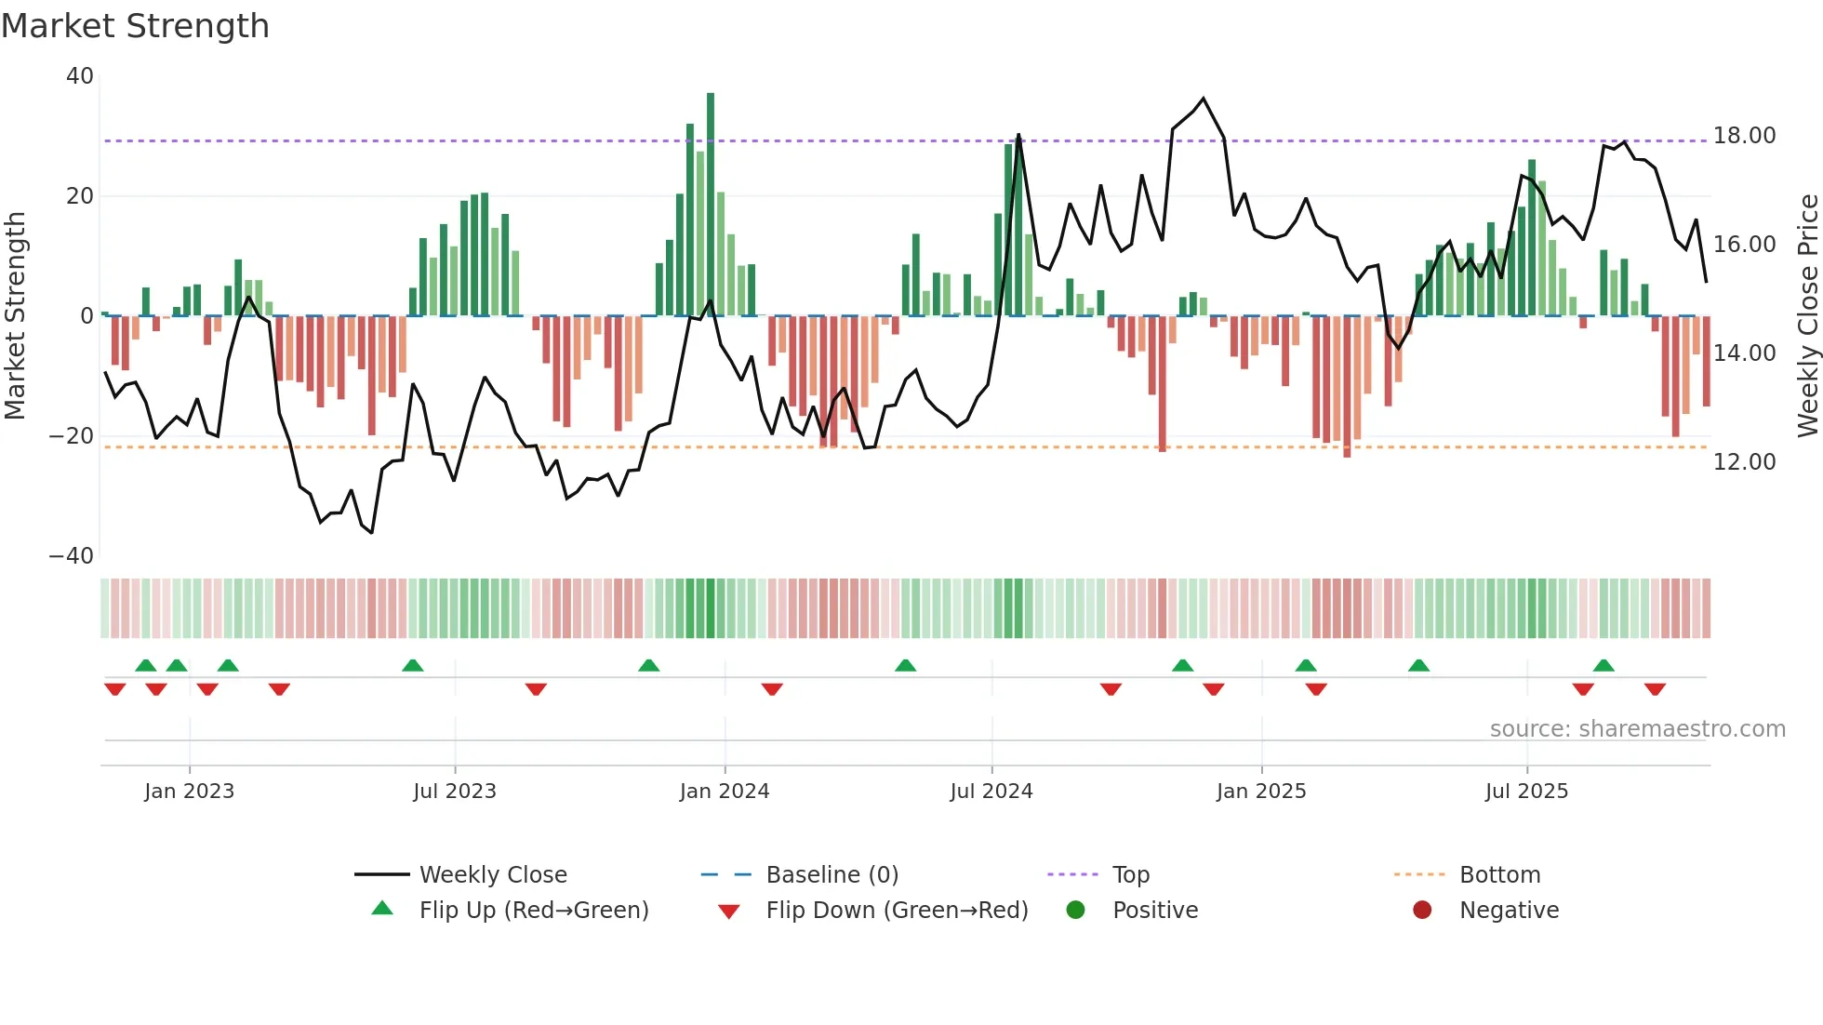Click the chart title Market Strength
(x=135, y=26)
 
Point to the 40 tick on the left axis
(x=80, y=76)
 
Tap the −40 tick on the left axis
(x=72, y=556)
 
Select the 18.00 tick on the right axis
(x=1744, y=136)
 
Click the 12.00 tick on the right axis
(x=1744, y=462)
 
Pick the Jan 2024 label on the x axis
(x=724, y=792)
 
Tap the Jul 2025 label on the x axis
(x=1525, y=792)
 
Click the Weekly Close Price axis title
(x=1807, y=316)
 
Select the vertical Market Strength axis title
(x=16, y=316)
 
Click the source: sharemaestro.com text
(x=1637, y=729)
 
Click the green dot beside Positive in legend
(x=1075, y=911)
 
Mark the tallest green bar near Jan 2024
(x=711, y=205)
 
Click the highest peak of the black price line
(x=1204, y=99)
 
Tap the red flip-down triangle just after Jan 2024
(x=772, y=689)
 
